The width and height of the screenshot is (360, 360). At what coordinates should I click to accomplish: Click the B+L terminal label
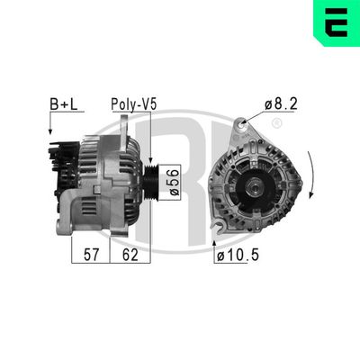[x=62, y=105]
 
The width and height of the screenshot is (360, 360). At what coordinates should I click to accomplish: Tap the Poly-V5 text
[x=133, y=105]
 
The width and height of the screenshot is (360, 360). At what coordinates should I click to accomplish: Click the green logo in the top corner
[x=336, y=23]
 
